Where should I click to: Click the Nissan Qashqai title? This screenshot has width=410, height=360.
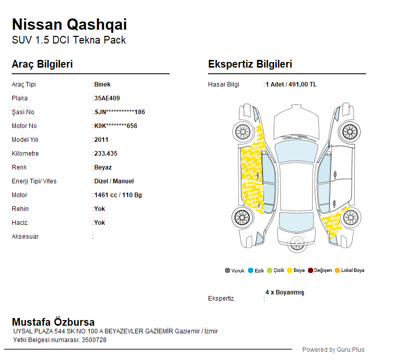point(69,25)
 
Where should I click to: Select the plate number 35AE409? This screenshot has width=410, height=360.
point(107,98)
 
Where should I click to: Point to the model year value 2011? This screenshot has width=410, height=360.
point(101,140)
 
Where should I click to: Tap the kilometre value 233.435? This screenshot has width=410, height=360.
point(106,154)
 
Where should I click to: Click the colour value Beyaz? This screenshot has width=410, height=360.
point(103,167)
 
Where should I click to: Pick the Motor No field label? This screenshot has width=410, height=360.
point(24,126)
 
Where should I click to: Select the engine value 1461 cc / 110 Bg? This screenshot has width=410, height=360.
point(118,195)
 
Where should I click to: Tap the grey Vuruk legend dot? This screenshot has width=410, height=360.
point(228,270)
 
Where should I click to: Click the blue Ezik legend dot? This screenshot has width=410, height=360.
point(251,270)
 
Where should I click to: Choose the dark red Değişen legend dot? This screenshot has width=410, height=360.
point(311,270)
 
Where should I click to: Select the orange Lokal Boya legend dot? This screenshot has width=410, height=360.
point(337,270)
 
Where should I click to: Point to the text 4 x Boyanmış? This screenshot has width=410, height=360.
point(285,292)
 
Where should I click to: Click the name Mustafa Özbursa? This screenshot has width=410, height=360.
point(53,322)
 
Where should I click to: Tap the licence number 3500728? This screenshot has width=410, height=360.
point(94,340)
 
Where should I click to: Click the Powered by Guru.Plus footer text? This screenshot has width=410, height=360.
point(334,350)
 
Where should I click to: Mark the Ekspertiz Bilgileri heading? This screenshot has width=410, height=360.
point(250,64)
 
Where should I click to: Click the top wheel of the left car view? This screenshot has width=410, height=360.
point(243,132)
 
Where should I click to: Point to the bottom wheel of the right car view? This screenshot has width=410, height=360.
point(351,218)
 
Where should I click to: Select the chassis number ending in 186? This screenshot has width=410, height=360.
point(120,112)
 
